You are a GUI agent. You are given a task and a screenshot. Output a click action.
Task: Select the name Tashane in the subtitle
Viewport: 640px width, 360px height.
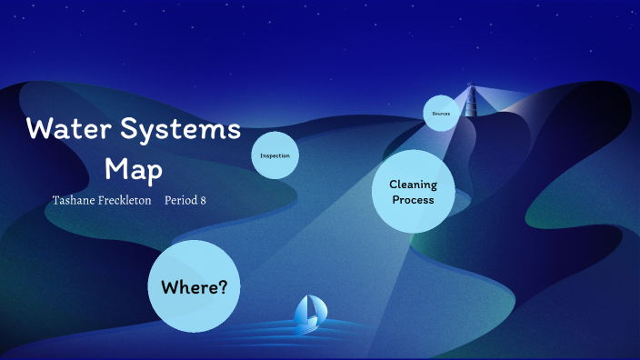tap(76, 200)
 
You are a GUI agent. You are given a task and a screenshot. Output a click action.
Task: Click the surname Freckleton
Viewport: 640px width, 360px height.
tap(125, 200)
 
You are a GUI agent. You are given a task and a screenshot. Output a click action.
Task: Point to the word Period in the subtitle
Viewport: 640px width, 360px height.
tap(179, 200)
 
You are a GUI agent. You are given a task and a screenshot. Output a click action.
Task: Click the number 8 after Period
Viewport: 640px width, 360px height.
tap(203, 200)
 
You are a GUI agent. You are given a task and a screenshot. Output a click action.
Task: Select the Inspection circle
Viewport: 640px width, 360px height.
tap(275, 155)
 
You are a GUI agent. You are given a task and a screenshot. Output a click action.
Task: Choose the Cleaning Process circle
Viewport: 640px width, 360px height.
tap(414, 191)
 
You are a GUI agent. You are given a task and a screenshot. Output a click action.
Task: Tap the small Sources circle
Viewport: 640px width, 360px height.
tap(441, 113)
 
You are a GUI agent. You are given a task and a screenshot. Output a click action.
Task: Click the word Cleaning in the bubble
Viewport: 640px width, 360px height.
tap(414, 184)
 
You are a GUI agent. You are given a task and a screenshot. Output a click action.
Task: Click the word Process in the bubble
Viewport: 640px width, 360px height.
tap(414, 199)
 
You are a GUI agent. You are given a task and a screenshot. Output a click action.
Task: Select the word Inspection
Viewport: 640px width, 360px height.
tap(275, 155)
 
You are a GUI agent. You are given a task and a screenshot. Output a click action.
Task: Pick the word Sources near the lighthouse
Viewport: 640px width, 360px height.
tap(441, 113)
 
